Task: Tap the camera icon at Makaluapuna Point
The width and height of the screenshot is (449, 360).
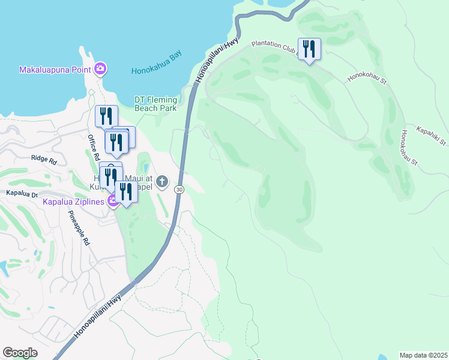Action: click(x=100, y=69)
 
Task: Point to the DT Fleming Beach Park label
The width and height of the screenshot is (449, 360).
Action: click(x=155, y=104)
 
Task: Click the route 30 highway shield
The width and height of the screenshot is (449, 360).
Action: click(x=179, y=189)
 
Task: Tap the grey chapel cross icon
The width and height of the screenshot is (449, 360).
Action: click(x=162, y=181)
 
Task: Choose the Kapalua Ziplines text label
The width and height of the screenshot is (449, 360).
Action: click(x=72, y=201)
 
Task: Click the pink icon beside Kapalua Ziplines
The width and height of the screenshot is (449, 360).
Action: click(x=112, y=200)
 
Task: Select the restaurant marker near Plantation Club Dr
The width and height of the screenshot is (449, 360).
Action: click(x=309, y=49)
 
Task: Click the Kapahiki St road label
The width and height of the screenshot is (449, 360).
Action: click(x=432, y=134)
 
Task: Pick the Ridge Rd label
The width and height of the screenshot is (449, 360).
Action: click(x=43, y=161)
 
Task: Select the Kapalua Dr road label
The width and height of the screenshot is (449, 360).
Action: click(x=22, y=193)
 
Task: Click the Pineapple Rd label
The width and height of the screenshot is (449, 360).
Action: click(x=79, y=229)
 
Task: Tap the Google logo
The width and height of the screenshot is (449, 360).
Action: click(x=20, y=353)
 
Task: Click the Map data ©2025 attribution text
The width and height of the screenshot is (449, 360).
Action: click(x=423, y=355)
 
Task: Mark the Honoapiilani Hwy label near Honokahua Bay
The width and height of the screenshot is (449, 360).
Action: click(x=217, y=60)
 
